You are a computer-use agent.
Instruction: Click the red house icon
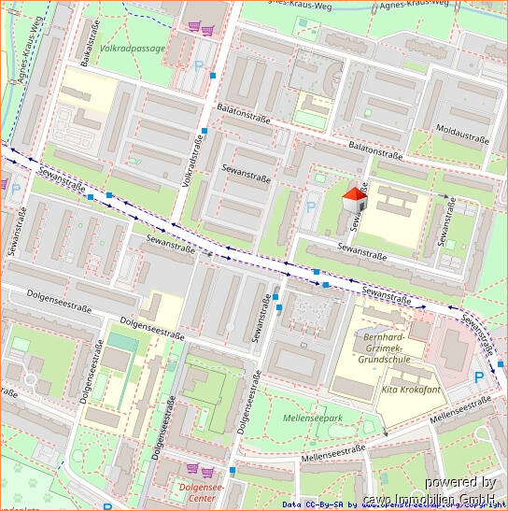[x=354, y=199]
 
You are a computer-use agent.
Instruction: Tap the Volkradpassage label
[x=133, y=48]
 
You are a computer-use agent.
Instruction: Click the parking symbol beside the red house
[x=312, y=206]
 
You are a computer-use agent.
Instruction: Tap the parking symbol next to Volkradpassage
[x=198, y=66]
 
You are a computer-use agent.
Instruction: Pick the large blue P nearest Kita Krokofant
[x=480, y=376]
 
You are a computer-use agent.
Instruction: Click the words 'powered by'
[x=459, y=482]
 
